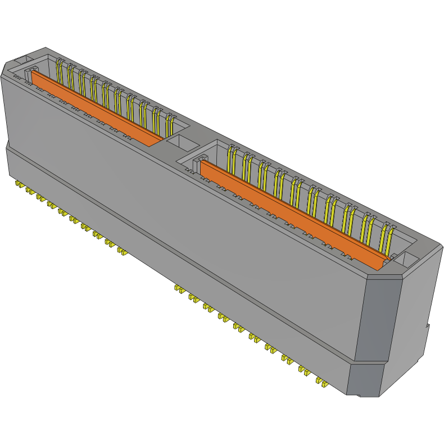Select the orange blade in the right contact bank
coord(292,214)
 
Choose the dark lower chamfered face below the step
coord(365,379)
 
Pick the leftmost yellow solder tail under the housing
coord(19,184)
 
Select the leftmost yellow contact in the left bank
coord(59,69)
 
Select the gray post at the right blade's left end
coord(198,165)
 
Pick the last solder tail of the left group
coord(121,250)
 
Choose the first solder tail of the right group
coord(179,289)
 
